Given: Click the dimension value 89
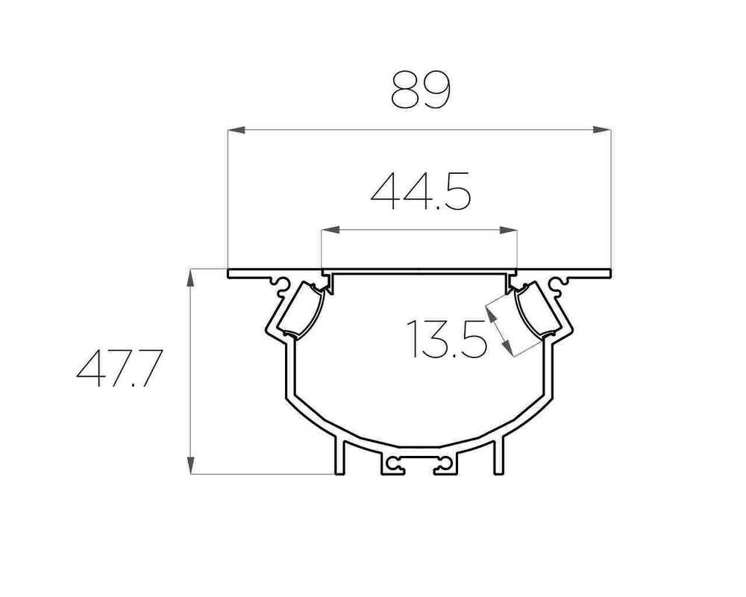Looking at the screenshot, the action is pos(421,90).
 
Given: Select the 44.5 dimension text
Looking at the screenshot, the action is pos(421,191).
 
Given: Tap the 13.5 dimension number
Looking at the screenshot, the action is pos(447,339).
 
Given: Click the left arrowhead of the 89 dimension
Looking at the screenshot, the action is pos(236,130).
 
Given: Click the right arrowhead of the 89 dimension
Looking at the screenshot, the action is pos(602,130).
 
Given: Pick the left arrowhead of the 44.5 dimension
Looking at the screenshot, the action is pos(330,231).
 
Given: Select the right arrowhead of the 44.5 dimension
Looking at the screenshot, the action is pos(508,231).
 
